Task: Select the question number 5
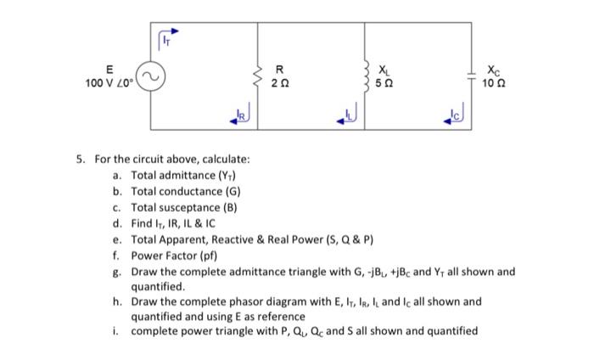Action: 79,159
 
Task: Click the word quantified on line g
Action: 155,286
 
